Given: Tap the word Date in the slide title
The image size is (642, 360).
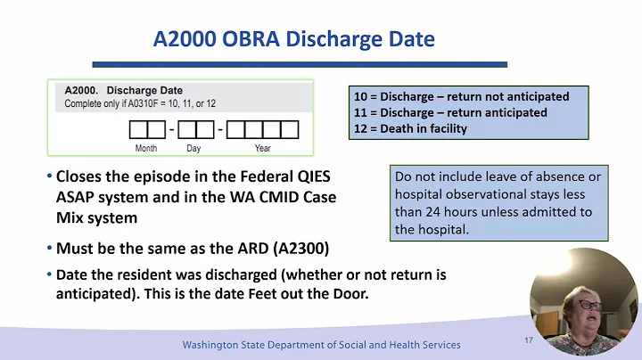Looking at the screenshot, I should pos(406,39).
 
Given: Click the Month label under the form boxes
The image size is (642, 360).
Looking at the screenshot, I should pos(146,148).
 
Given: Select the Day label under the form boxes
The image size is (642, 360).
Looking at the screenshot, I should pos(193,148).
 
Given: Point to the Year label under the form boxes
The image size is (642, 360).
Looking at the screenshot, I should pos(262,148).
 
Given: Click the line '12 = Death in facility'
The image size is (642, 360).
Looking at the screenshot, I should pos(410,128).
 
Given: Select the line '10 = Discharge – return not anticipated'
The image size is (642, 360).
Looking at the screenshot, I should pos(461,96).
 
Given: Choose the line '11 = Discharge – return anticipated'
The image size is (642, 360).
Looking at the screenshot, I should pos(450,112).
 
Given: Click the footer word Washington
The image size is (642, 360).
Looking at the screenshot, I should pos(214,345).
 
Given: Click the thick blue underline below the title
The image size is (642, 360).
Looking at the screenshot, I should pos(300,64).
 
